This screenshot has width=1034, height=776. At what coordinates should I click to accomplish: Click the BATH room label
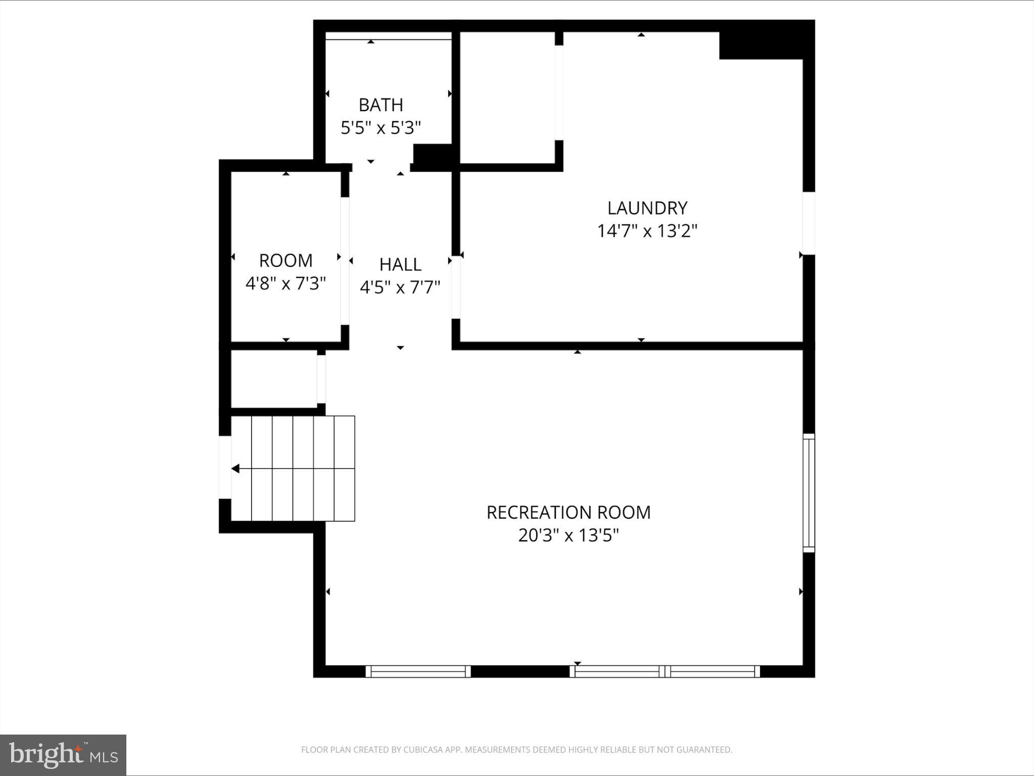[381, 105]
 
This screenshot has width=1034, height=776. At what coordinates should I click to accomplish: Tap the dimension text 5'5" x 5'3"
[381, 128]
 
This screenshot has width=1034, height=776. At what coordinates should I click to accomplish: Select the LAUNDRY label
[647, 208]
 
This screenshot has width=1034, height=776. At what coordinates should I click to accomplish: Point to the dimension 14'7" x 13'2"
[647, 231]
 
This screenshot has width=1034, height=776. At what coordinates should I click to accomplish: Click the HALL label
[400, 264]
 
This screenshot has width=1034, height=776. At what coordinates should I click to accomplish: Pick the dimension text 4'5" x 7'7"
[400, 287]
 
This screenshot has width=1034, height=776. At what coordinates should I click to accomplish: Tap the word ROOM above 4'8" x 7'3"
[286, 261]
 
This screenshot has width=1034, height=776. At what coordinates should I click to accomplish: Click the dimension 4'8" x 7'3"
[286, 283]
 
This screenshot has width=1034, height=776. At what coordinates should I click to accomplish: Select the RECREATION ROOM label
[568, 512]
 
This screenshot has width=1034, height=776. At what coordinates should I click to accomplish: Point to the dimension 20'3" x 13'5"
[568, 535]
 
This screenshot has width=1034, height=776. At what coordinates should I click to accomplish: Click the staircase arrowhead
[235, 469]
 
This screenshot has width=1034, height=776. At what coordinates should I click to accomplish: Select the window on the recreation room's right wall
[809, 493]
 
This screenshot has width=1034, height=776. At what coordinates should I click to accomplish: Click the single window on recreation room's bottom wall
[417, 671]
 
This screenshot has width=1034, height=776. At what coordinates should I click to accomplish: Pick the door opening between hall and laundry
[456, 287]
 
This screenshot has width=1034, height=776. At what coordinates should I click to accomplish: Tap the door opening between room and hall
[345, 261]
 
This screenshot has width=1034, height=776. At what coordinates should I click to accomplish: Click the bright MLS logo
[63, 755]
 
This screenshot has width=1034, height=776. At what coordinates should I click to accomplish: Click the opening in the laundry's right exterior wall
[809, 223]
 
